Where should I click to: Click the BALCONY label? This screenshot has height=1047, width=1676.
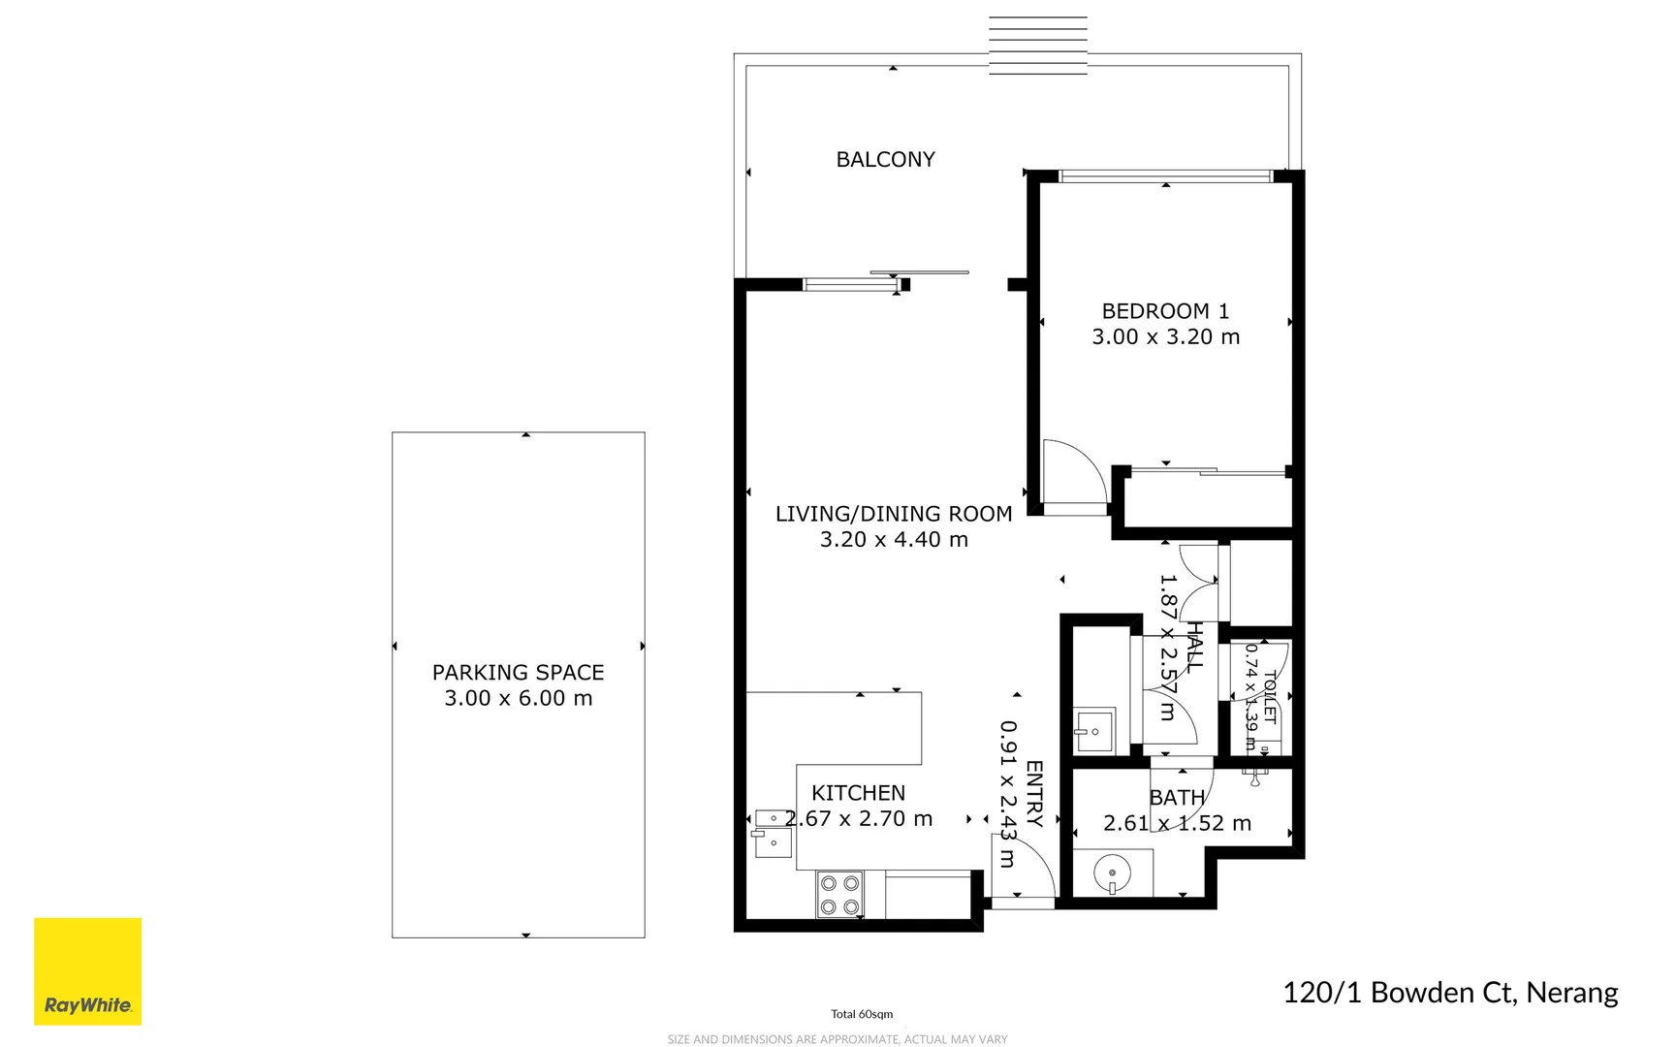[885, 159]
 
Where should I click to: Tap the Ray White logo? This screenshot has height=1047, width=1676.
[87, 971]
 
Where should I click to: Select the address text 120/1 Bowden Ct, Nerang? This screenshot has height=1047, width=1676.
[1450, 993]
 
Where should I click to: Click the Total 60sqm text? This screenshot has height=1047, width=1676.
[861, 1014]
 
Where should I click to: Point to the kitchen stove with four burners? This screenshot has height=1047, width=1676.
[839, 895]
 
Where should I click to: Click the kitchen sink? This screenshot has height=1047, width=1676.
[773, 834]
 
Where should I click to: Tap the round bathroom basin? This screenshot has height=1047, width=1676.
[1112, 873]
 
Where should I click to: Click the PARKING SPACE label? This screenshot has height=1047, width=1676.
[518, 672]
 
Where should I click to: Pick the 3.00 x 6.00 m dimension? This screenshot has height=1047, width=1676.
[518, 698]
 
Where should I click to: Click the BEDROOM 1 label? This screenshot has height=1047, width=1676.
[1165, 311]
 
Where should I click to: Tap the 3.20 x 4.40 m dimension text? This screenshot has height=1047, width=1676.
[894, 539]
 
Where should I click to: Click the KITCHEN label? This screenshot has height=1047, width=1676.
[858, 793]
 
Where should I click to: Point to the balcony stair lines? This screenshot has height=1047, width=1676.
[1037, 45]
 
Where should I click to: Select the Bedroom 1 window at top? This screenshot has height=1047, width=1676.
[1165, 176]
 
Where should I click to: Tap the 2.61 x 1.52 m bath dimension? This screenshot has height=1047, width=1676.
[1177, 823]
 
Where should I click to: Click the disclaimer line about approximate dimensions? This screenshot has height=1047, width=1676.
[838, 1039]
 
